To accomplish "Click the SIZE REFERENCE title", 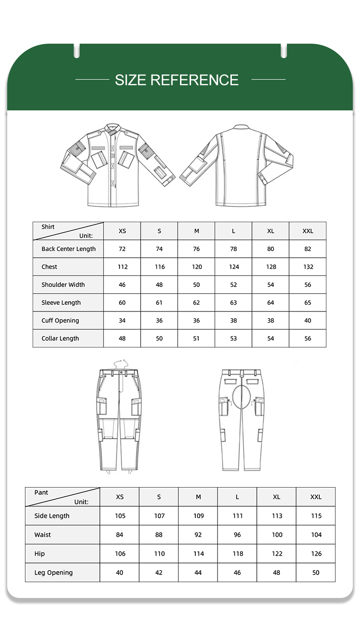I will (x=177, y=80).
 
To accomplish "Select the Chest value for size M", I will (x=197, y=267).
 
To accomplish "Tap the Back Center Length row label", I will (x=69, y=249).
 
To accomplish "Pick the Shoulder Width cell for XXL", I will (x=308, y=285).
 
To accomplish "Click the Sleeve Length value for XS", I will (x=122, y=303).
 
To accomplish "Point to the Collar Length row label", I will (x=60, y=338).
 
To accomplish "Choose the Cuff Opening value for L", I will (x=234, y=321).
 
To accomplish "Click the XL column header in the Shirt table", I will (x=271, y=231).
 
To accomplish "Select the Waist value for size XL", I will (x=277, y=535).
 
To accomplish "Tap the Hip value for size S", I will (x=159, y=554).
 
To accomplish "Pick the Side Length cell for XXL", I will (x=316, y=516).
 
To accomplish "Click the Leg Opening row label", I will (x=54, y=573).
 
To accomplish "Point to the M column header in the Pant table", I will (x=198, y=497).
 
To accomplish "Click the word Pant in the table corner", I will (x=41, y=492).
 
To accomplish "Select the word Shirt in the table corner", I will (x=48, y=227).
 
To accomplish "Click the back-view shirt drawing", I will (x=236, y=166).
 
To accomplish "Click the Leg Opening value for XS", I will (x=120, y=573).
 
